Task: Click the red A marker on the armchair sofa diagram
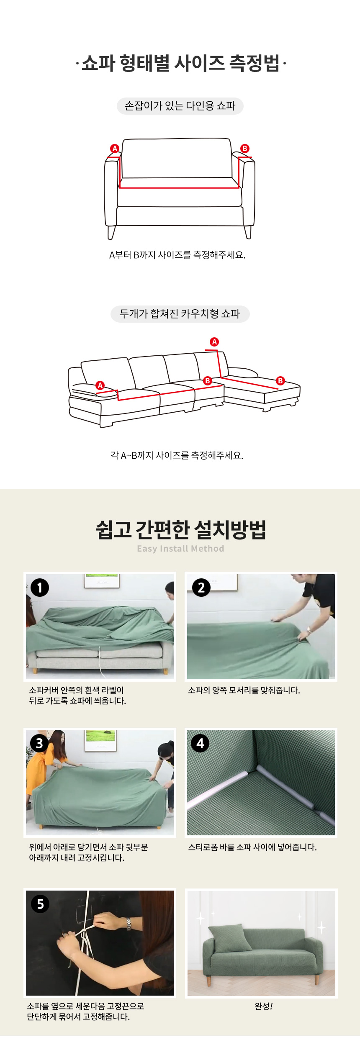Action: click(115, 149)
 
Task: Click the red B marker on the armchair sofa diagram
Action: click(245, 149)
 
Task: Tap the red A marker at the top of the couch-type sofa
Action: click(214, 342)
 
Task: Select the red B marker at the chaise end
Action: click(280, 381)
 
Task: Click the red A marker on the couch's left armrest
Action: click(100, 385)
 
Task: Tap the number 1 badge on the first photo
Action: click(40, 588)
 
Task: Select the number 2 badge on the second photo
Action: click(201, 588)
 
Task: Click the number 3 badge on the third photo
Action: click(40, 743)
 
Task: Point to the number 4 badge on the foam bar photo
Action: click(200, 743)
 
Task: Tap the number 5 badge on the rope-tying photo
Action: click(40, 904)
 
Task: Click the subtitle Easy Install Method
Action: click(180, 549)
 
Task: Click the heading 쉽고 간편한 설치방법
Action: click(181, 529)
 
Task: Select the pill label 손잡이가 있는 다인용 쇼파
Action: click(180, 106)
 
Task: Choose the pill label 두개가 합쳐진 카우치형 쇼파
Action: click(180, 314)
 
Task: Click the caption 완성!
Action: click(264, 1006)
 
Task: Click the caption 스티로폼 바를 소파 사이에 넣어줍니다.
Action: click(252, 847)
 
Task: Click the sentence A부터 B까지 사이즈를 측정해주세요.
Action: click(177, 255)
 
